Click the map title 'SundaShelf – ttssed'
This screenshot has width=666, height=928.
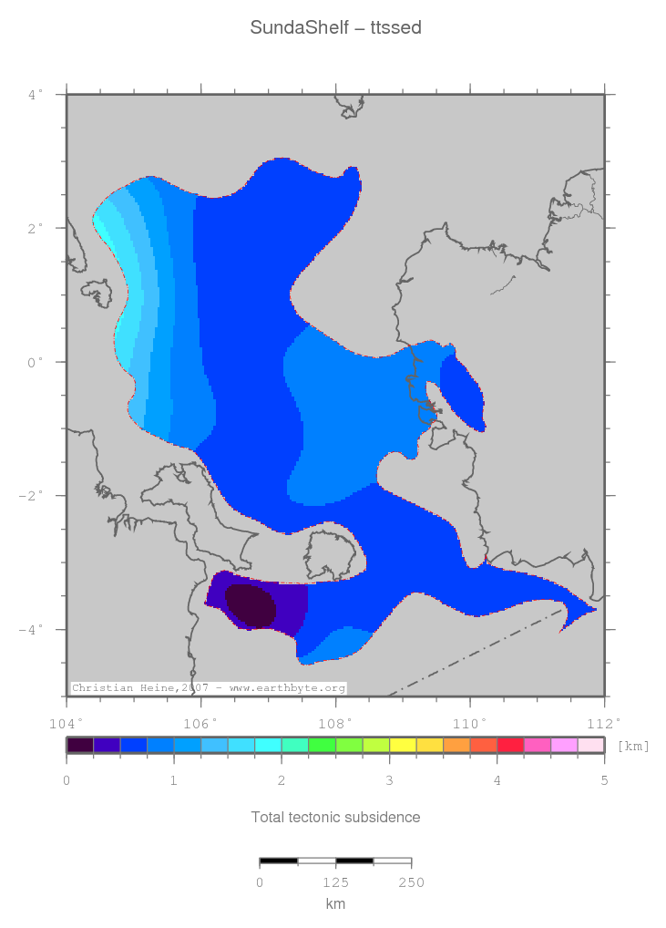tap(335, 28)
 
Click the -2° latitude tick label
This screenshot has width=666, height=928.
tap(32, 496)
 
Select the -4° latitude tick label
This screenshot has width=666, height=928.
tap(32, 630)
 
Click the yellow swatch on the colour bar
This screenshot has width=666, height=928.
tap(403, 745)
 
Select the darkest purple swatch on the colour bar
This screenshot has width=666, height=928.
tap(80, 745)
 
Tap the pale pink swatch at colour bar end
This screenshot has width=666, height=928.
tap(590, 745)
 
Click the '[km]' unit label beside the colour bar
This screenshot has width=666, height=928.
tap(634, 746)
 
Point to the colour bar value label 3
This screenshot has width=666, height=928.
tap(389, 780)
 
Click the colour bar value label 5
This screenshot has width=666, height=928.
tap(604, 780)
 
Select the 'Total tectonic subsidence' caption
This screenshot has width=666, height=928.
tap(335, 817)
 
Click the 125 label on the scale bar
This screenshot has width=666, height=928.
tap(335, 882)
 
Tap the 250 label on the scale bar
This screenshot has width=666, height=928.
tap(411, 882)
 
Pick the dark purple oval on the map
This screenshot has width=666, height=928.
tap(251, 606)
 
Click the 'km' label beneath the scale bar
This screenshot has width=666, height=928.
tap(335, 904)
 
